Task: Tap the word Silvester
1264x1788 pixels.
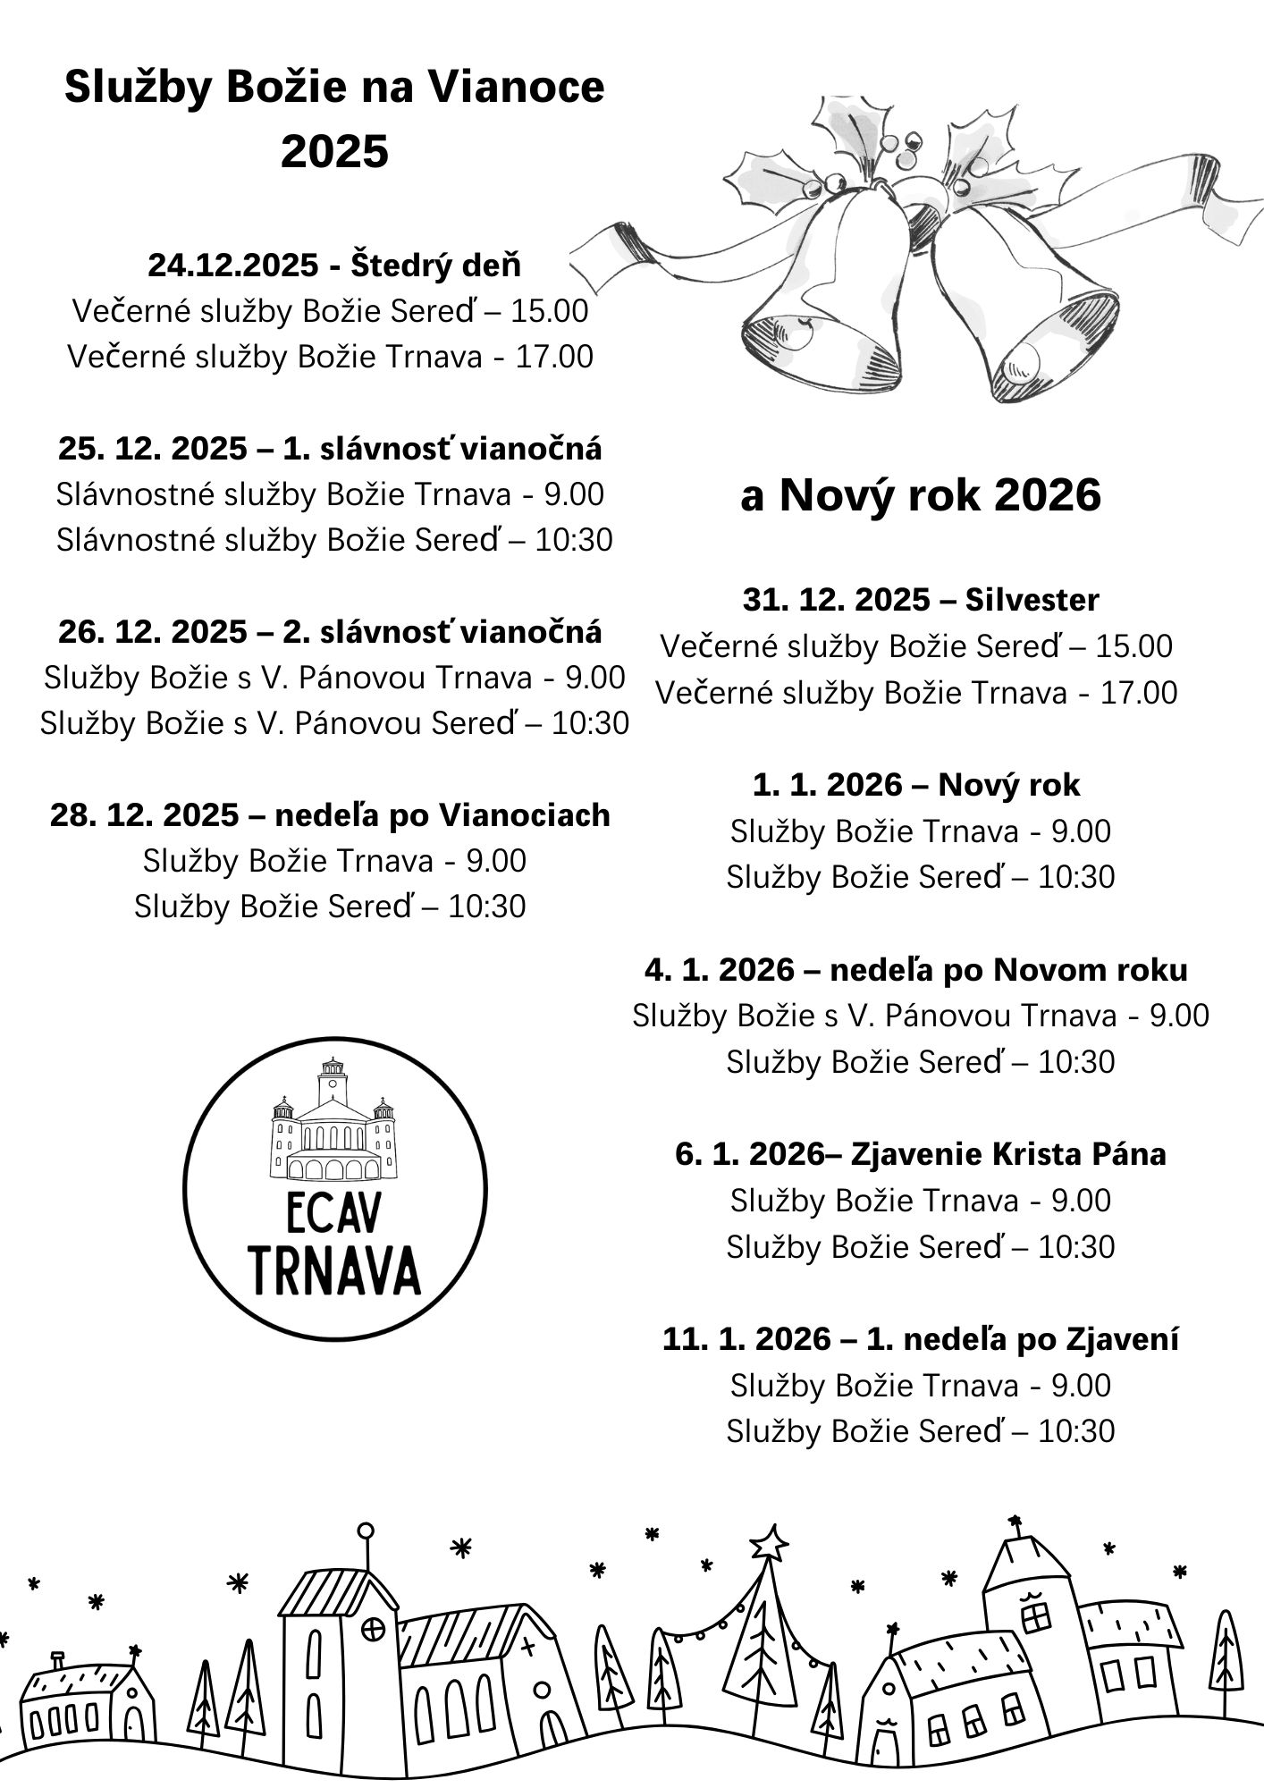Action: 1032,599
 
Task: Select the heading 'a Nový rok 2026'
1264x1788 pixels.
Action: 920,495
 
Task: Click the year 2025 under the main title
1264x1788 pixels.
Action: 334,151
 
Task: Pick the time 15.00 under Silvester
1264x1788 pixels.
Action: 1134,645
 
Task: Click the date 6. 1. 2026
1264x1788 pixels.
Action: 746,1154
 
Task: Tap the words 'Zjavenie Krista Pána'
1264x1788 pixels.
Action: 1008,1154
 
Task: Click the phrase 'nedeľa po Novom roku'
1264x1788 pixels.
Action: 1008,970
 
